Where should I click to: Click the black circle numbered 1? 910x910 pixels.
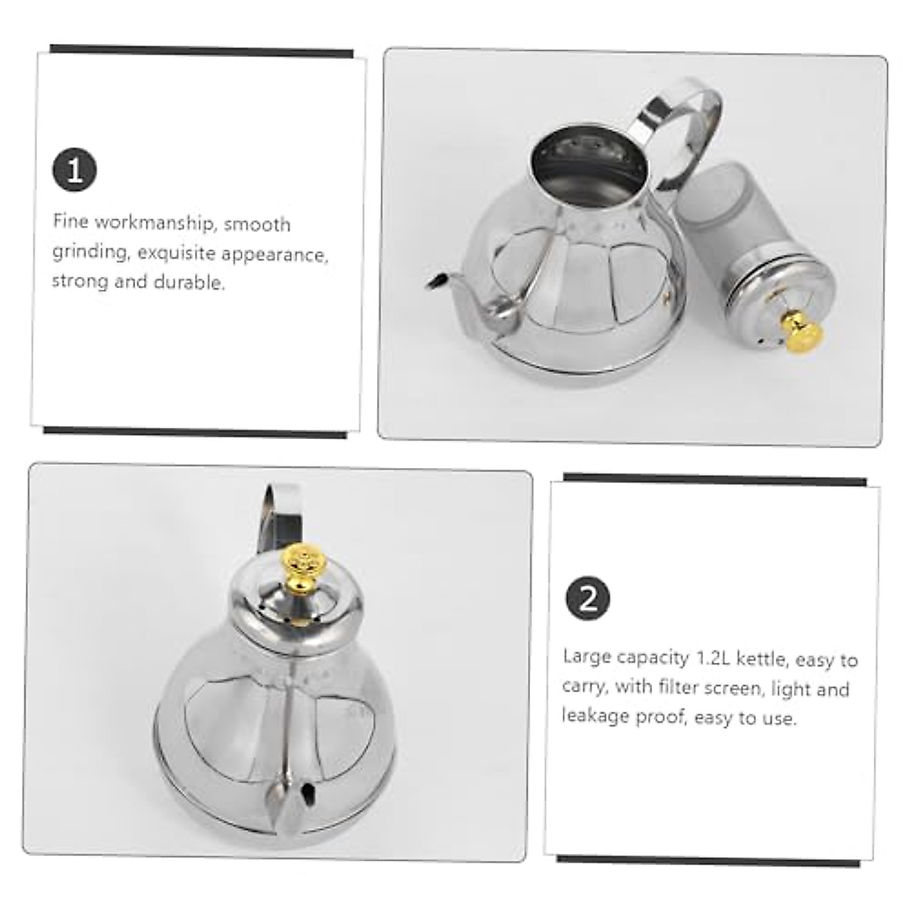click(x=74, y=170)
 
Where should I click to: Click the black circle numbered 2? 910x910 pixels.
click(x=588, y=599)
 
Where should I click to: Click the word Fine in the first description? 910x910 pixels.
click(x=70, y=222)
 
